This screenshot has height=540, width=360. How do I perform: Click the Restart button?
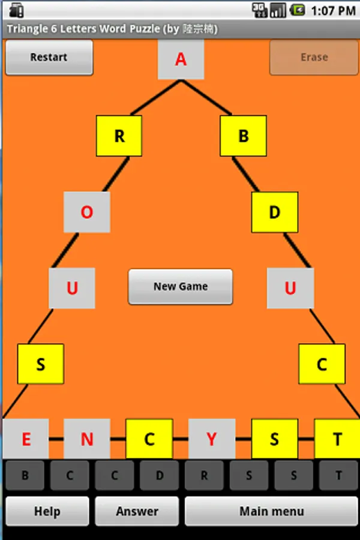pyautogui.click(x=49, y=57)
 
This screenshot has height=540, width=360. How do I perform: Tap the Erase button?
pyautogui.click(x=314, y=57)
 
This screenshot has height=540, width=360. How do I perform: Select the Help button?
pyautogui.click(x=47, y=511)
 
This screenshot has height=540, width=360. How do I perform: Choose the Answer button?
pyautogui.click(x=137, y=511)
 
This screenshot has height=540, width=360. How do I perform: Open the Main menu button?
pyautogui.click(x=271, y=511)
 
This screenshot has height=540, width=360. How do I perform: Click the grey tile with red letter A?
pyautogui.click(x=181, y=59)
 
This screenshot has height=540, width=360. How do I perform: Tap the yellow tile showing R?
pyautogui.click(x=119, y=136)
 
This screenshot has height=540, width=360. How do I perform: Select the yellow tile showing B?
pyautogui.click(x=243, y=136)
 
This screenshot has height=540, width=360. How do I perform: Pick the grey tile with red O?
pyautogui.click(x=87, y=212)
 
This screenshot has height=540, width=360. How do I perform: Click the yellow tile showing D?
pyautogui.click(x=275, y=212)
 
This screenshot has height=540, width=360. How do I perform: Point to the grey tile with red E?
pyautogui.click(x=26, y=439)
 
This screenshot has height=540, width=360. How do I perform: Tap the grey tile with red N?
pyautogui.click(x=87, y=439)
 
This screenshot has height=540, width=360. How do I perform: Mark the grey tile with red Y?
pyautogui.click(x=212, y=439)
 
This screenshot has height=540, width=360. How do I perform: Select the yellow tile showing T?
pyautogui.click(x=337, y=439)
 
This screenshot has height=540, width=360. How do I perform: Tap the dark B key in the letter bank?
pyautogui.click(x=25, y=475)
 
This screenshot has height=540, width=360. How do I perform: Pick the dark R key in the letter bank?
pyautogui.click(x=204, y=475)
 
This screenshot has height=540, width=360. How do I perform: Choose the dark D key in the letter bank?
pyautogui.click(x=159, y=475)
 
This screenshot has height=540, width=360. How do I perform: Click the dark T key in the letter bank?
pyautogui.click(x=338, y=475)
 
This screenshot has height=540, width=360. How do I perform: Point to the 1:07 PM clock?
pyautogui.click(x=333, y=11)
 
